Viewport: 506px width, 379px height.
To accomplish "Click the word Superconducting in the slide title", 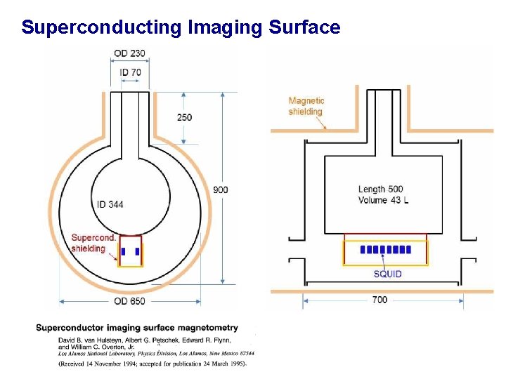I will tap(102, 27).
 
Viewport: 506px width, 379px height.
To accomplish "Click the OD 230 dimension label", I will tap(129, 53).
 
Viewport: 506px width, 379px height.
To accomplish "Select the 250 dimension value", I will tap(184, 117).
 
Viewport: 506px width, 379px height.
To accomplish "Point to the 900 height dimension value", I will tap(221, 190).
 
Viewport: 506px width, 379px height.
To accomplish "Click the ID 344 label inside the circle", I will tap(110, 204).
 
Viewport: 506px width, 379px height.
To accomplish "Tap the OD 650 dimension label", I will tap(129, 301).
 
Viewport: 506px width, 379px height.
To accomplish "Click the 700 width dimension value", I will tap(379, 300).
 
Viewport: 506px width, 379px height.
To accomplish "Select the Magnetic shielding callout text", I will tap(306, 106).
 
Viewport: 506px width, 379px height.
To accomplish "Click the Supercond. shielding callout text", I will tap(94, 243).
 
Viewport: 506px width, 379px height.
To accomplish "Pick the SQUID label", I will tap(387, 274).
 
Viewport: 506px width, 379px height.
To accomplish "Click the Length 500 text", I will tap(380, 189).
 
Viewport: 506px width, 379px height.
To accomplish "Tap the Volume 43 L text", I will tap(382, 200).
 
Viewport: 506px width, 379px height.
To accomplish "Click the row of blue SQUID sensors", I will tap(384, 250).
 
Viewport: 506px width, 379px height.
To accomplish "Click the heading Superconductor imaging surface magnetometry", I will tap(137, 328).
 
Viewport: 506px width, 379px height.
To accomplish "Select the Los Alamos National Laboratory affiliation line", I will tap(155, 354).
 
